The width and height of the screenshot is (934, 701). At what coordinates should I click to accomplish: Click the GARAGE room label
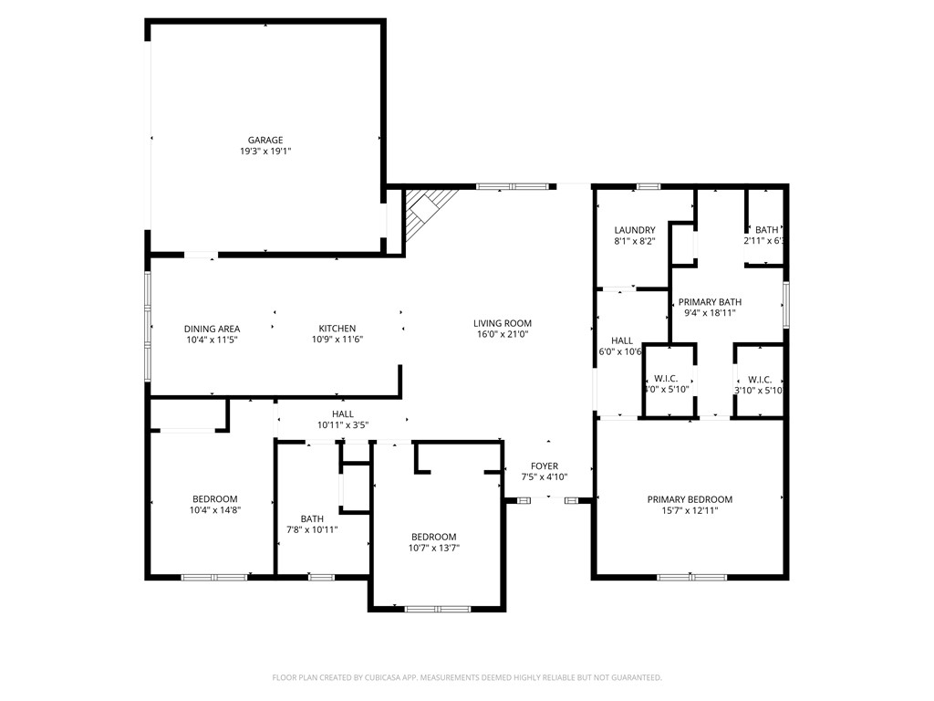pyautogui.click(x=265, y=141)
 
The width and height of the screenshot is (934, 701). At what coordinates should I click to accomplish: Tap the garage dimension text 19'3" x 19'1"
pyautogui.click(x=265, y=152)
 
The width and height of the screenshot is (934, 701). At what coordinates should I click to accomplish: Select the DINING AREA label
pyautogui.click(x=212, y=329)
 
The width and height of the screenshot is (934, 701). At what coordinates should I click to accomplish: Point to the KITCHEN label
pyautogui.click(x=337, y=329)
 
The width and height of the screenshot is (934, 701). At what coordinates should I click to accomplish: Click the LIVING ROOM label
pyautogui.click(x=502, y=323)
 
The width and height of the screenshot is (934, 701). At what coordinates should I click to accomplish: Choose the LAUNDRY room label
pyautogui.click(x=635, y=230)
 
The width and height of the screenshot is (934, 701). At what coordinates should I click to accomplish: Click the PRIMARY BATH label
pyautogui.click(x=710, y=302)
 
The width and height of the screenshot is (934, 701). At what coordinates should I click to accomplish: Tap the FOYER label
pyautogui.click(x=545, y=466)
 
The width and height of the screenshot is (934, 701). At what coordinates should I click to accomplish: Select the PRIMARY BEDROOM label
pyautogui.click(x=690, y=499)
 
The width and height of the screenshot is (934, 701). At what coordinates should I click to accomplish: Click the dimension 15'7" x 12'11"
pyautogui.click(x=690, y=511)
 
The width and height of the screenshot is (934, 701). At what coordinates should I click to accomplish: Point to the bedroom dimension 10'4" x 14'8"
pyautogui.click(x=214, y=510)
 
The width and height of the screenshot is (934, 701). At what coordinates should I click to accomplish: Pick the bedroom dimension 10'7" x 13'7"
pyautogui.click(x=433, y=548)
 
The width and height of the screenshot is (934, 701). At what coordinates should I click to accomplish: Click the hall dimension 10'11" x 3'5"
pyautogui.click(x=342, y=425)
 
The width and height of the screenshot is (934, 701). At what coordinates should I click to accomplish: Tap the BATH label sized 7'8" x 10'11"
pyautogui.click(x=312, y=518)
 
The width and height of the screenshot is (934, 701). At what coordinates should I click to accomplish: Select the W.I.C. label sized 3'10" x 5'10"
pyautogui.click(x=760, y=379)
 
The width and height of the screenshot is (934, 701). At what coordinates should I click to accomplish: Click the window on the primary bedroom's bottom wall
pyautogui.click(x=691, y=577)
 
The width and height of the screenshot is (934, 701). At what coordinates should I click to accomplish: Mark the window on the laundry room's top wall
pyautogui.click(x=648, y=186)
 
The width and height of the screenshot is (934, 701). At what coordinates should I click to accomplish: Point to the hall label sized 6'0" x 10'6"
pyautogui.click(x=623, y=340)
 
